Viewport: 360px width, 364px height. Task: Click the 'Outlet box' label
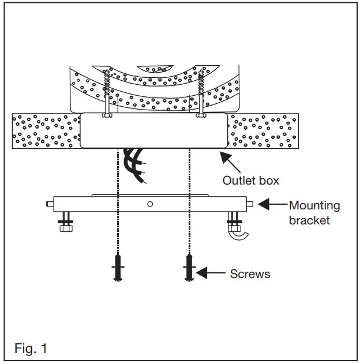pyautogui.click(x=250, y=181)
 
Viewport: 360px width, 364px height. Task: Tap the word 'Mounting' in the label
pyautogui.click(x=314, y=205)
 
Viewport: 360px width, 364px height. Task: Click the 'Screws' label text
pyautogui.click(x=250, y=274)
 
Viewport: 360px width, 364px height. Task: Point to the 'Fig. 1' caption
pyautogui.click(x=31, y=348)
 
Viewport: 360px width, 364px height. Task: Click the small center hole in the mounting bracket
pyautogui.click(x=150, y=204)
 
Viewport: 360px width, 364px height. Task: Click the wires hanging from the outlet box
pyautogui.click(x=135, y=164)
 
